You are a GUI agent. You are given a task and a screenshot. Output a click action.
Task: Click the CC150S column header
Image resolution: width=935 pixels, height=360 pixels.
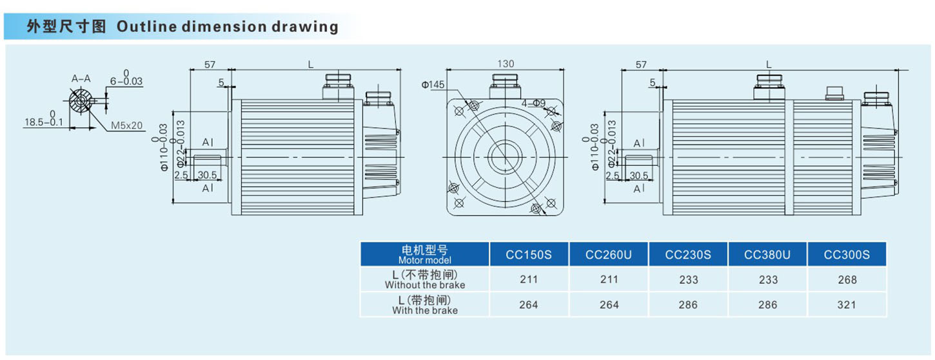529,255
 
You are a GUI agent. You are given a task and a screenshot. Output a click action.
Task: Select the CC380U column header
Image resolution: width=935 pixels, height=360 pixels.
767,255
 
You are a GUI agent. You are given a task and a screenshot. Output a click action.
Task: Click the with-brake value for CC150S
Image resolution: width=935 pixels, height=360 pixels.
529,305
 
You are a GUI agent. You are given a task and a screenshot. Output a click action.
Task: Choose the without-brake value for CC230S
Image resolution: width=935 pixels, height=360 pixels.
688,279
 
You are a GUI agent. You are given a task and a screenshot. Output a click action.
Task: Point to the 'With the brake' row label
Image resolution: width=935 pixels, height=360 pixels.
425,305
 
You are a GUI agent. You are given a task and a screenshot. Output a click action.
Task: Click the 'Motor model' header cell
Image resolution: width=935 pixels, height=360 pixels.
425,254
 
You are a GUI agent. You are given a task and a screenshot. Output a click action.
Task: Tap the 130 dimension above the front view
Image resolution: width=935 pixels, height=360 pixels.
506,64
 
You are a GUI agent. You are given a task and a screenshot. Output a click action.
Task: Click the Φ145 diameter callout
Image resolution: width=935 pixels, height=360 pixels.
434,85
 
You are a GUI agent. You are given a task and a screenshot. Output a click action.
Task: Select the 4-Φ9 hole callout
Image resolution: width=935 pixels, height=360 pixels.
535,103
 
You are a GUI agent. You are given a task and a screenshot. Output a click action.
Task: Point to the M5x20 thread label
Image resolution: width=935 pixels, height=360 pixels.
126,125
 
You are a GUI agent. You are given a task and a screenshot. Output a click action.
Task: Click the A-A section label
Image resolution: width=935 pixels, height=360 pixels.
81,79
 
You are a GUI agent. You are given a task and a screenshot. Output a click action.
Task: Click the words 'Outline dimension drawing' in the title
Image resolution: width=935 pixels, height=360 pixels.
227,26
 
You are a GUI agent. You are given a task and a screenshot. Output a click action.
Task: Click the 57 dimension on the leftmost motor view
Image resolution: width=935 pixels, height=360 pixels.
210,65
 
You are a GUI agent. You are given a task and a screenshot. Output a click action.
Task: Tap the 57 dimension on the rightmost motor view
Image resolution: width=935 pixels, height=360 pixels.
641,65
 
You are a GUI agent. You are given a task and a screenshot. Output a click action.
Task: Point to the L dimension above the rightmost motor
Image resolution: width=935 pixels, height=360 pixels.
769,65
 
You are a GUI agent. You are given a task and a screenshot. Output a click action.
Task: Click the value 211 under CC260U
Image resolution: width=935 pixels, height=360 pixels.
609,279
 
